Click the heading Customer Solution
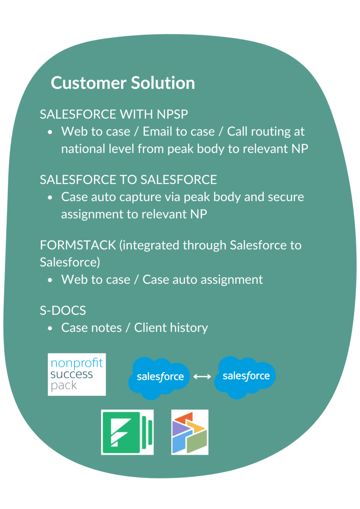(x=123, y=83)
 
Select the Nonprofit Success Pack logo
(x=77, y=374)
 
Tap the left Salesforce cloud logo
(x=160, y=377)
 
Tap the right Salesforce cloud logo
(x=245, y=376)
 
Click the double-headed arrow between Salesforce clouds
(x=202, y=376)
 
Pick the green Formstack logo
(x=127, y=432)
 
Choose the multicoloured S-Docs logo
(x=190, y=432)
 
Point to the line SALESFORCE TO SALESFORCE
(x=128, y=180)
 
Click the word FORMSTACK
(x=78, y=245)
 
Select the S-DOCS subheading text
(x=63, y=310)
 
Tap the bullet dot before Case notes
(x=50, y=328)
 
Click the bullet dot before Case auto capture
(x=50, y=198)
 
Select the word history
(x=189, y=328)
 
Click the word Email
(x=158, y=132)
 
